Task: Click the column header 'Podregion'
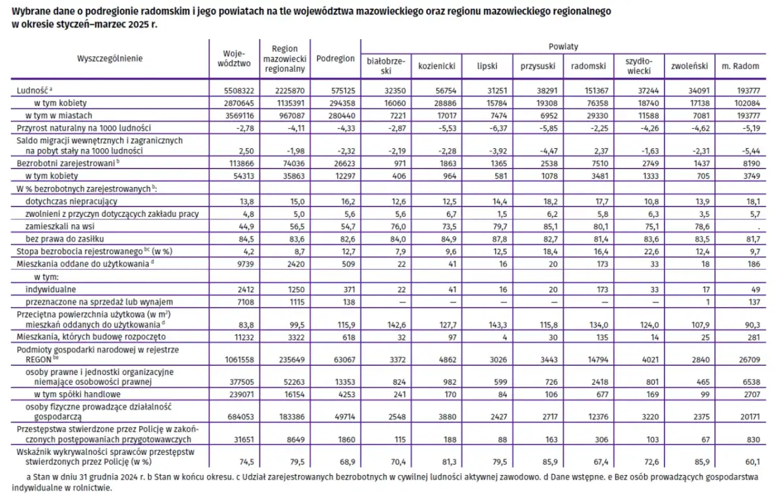click(x=335, y=59)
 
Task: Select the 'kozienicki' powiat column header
click(x=436, y=66)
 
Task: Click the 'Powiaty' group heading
click(x=563, y=47)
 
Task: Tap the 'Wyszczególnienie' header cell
click(x=110, y=58)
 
